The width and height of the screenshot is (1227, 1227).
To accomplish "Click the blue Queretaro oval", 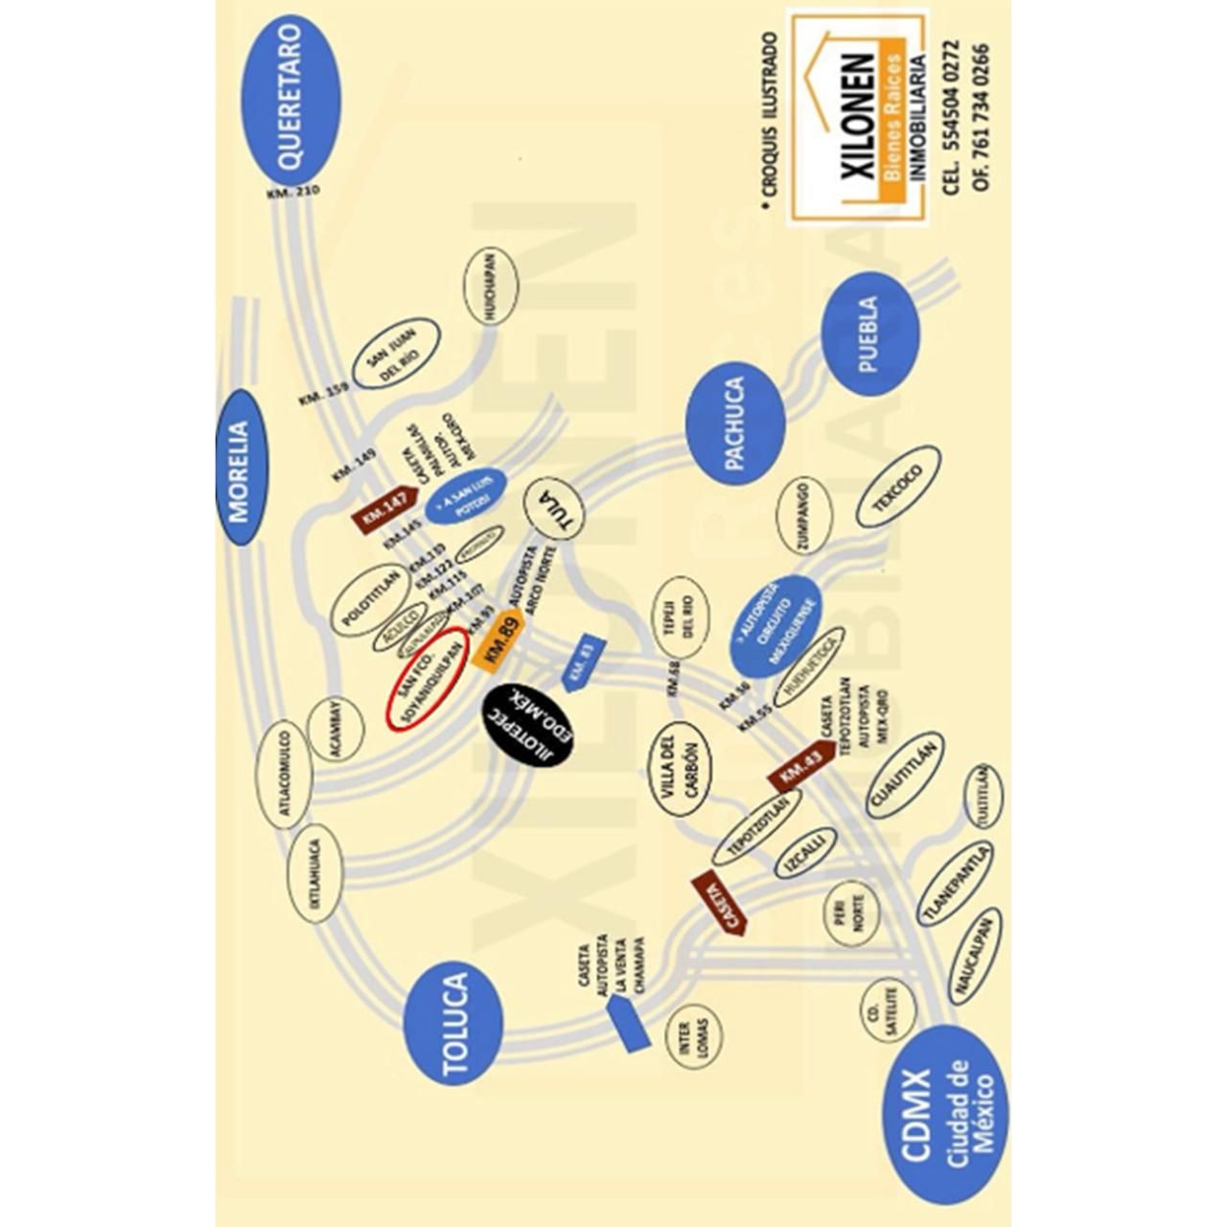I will point(290,100).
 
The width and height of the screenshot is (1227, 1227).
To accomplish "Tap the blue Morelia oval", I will point(239,468).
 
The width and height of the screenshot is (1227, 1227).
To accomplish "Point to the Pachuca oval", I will point(735,424).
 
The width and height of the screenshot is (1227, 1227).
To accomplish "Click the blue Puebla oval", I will point(870,334).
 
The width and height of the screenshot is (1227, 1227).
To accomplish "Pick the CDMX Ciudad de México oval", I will point(945,1114).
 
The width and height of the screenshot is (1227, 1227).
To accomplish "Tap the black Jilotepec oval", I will point(527,726).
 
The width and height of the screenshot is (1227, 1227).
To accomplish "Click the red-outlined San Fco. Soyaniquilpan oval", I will point(428,679).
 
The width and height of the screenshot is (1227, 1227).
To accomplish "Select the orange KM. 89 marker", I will point(500,640).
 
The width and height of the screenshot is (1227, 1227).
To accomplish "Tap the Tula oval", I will point(555,508).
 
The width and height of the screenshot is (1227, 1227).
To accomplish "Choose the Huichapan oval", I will point(490,286).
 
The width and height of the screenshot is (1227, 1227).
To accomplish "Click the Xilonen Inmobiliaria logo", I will point(859,117).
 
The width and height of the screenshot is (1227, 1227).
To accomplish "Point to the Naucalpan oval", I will point(975,956).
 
